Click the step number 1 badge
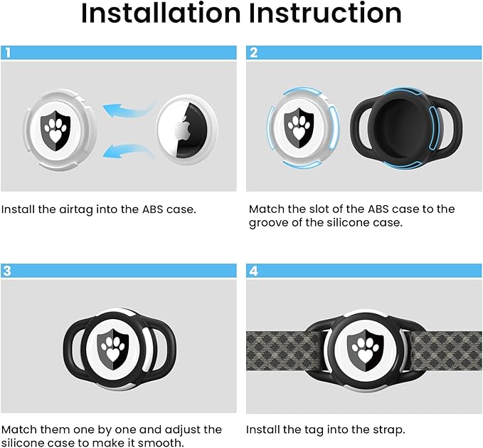pyautogui.click(x=8, y=52)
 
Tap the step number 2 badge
pyautogui.click(x=253, y=52)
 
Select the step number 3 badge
pyautogui.click(x=8, y=271)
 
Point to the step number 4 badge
pyautogui.click(x=253, y=271)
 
